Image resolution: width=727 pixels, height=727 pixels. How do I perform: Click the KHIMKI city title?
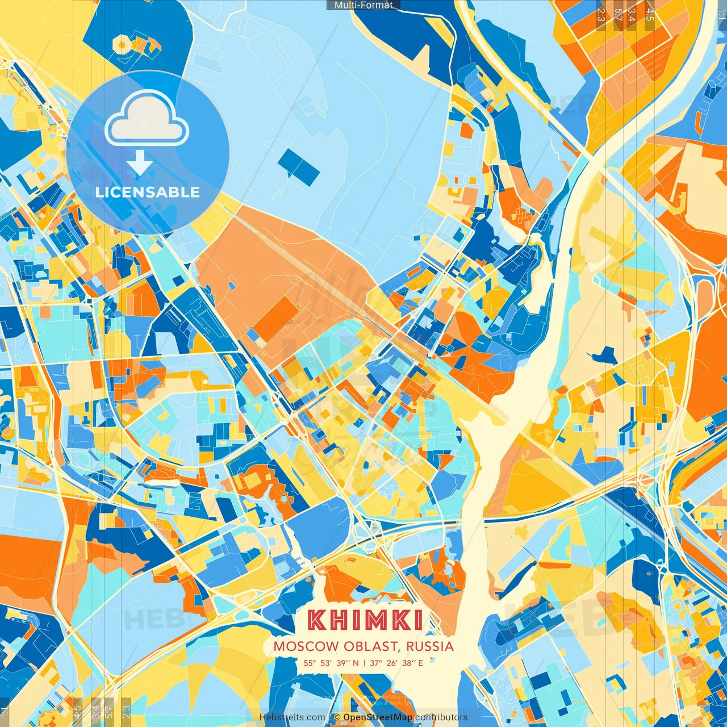pos(365,620)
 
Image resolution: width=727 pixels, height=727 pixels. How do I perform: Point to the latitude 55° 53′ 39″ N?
pos(331,662)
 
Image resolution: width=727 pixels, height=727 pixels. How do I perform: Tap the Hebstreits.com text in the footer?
pos(292,717)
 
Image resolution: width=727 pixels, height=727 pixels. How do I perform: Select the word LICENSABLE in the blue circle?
pos(148,192)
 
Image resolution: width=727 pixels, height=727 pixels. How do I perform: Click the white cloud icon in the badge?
pos(147,118)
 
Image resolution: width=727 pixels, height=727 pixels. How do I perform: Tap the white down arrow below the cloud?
pos(140,163)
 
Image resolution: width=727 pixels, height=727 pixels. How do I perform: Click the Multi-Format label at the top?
pos(363,5)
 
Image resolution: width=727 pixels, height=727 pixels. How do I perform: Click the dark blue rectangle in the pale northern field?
pos(299,167)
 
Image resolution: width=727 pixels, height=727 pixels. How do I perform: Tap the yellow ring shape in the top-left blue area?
pos(122,43)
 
